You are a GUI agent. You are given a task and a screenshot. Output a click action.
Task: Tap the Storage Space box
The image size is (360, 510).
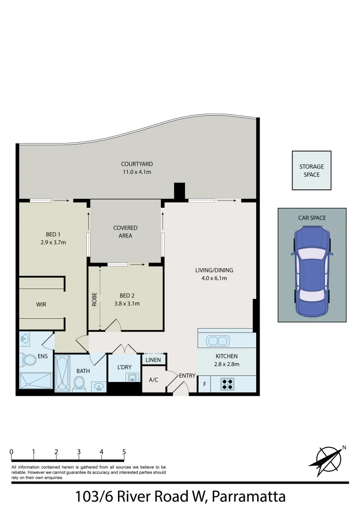[311, 170]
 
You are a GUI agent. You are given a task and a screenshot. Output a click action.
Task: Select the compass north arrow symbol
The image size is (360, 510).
[329, 458]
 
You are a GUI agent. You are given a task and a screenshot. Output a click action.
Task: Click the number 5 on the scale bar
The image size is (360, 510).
[124, 452]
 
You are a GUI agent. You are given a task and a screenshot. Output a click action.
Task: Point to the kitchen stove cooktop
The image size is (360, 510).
[227, 384]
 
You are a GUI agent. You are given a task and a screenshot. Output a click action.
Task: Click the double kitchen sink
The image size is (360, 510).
[218, 340]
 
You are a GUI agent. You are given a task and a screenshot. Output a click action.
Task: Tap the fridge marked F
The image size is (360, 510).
[204, 384]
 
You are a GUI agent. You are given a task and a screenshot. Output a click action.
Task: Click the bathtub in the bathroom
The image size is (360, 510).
[62, 373]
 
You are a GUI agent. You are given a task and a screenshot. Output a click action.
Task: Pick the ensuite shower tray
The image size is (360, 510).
[35, 381]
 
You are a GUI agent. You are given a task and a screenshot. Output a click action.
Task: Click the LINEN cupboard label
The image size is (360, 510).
[153, 360]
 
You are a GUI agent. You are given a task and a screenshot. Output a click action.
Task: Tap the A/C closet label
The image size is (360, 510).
[153, 380]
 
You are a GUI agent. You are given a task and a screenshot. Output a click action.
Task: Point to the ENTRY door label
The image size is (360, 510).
[187, 376]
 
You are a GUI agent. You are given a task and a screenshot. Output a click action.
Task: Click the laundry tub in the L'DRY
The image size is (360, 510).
[133, 377]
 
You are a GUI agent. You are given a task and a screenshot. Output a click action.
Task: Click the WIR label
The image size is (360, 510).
[41, 305]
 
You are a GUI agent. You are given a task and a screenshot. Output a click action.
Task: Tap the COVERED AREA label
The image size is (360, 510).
[126, 232]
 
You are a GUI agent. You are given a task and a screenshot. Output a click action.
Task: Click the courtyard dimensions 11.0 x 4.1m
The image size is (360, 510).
[137, 172]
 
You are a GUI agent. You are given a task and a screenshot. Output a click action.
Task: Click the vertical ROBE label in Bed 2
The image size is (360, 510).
[94, 299]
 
